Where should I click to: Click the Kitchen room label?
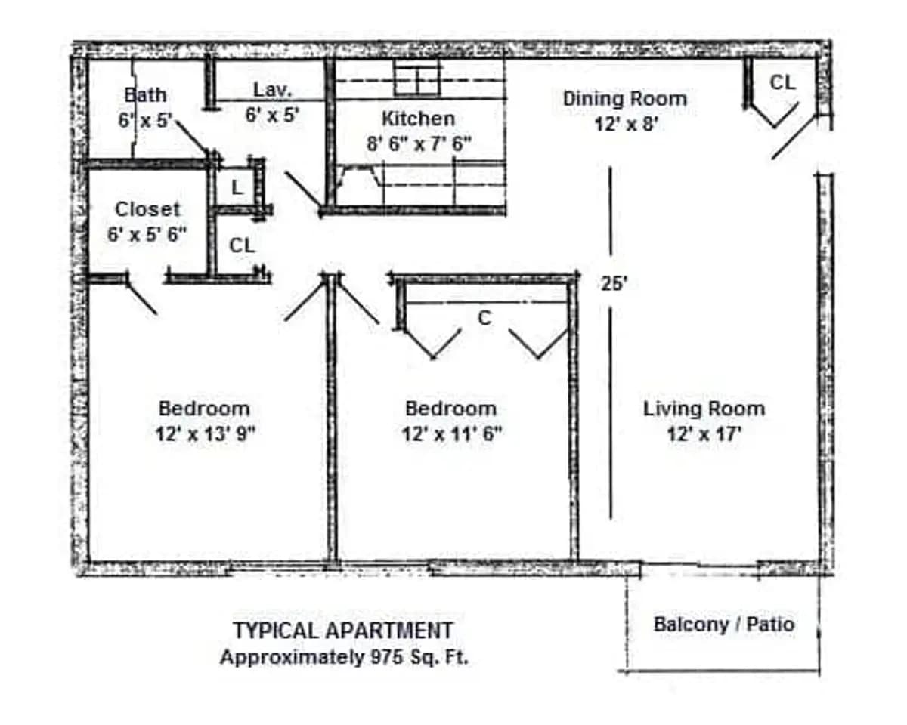(418, 119)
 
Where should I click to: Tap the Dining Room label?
(624, 99)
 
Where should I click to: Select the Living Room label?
(704, 409)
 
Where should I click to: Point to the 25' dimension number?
(614, 284)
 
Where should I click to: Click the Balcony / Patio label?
(723, 625)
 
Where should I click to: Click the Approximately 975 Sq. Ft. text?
(344, 657)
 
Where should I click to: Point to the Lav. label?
(273, 90)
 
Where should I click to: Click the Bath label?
(146, 95)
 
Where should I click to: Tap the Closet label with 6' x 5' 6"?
(147, 209)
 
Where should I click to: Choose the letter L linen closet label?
(237, 188)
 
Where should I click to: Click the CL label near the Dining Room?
(782, 82)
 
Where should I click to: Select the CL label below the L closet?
(242, 245)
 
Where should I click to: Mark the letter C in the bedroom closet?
(484, 319)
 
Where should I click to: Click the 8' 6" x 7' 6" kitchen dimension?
(418, 143)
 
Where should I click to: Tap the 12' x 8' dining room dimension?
(624, 123)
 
